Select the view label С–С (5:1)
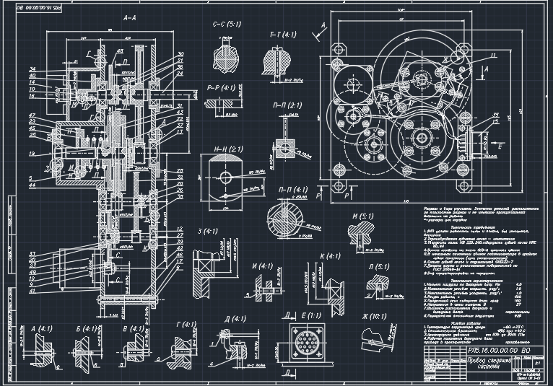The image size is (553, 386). [227, 25]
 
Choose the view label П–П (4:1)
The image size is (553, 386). [289, 188]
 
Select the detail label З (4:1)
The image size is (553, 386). [210, 232]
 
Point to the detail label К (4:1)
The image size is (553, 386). [329, 256]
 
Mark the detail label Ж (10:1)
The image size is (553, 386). [379, 317]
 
